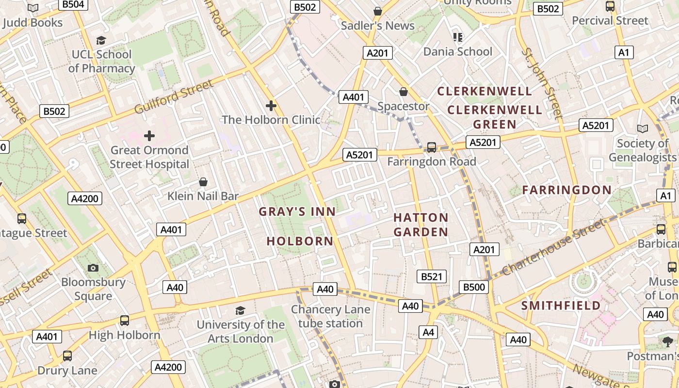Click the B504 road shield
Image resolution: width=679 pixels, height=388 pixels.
[x=74, y=4]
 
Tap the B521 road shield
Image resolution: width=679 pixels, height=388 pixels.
[x=432, y=276]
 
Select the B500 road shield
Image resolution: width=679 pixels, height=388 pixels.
[x=474, y=287]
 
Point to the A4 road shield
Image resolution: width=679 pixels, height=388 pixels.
[x=428, y=332]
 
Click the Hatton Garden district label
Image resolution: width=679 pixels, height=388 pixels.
[x=420, y=225]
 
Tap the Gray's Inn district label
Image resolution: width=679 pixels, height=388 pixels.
[x=297, y=211]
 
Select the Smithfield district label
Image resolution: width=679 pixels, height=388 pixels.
[x=561, y=306]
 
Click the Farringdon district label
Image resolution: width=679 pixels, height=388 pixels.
[x=566, y=190]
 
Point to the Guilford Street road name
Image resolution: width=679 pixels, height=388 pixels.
[x=174, y=97]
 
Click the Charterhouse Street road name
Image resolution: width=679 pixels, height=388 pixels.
[x=553, y=247]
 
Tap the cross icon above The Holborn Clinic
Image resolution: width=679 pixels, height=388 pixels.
[x=271, y=105]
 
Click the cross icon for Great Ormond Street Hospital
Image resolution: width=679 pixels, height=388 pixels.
[x=149, y=135]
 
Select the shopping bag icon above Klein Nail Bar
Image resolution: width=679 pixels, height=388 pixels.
[x=203, y=182]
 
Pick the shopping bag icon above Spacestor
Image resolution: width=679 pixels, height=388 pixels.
[x=404, y=92]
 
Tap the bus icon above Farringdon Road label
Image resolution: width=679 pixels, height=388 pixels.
[x=431, y=147]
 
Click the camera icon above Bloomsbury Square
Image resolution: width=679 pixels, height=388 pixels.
[x=93, y=268]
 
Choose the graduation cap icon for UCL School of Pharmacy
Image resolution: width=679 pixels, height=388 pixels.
[x=101, y=40]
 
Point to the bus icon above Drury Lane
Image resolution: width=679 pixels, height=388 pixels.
[x=67, y=356]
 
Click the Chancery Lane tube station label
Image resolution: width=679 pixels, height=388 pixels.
[x=330, y=316]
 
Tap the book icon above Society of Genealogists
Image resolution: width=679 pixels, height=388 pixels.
[x=642, y=129]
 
